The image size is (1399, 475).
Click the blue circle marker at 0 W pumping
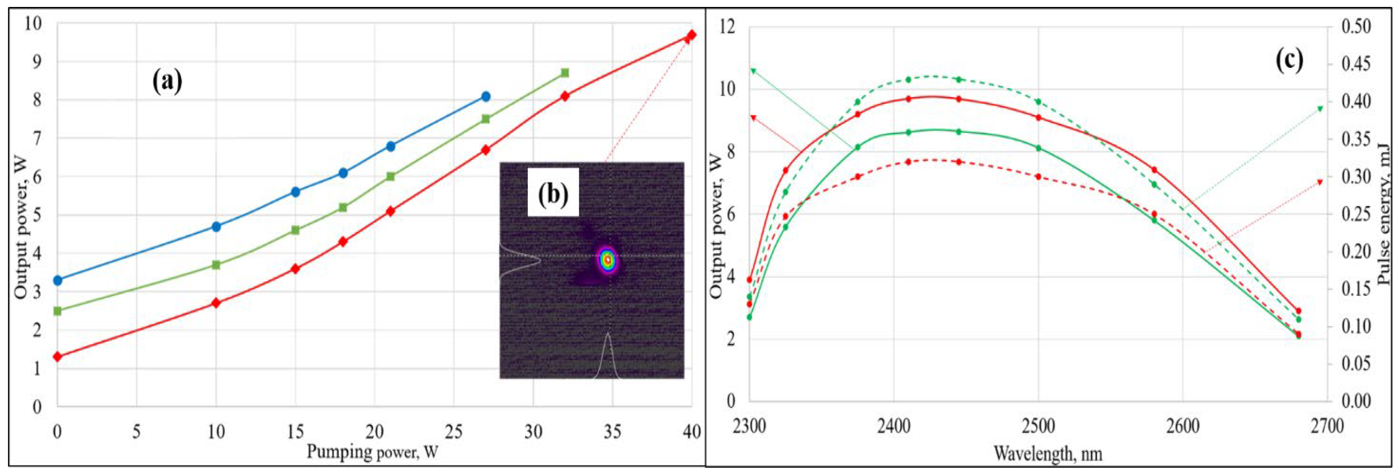58,280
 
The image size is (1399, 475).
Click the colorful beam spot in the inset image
608,260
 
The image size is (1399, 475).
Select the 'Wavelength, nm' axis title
1048,453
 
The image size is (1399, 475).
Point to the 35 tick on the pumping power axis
613,432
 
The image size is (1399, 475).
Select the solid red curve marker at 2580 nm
1154,170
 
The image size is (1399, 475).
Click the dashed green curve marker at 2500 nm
1038,102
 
